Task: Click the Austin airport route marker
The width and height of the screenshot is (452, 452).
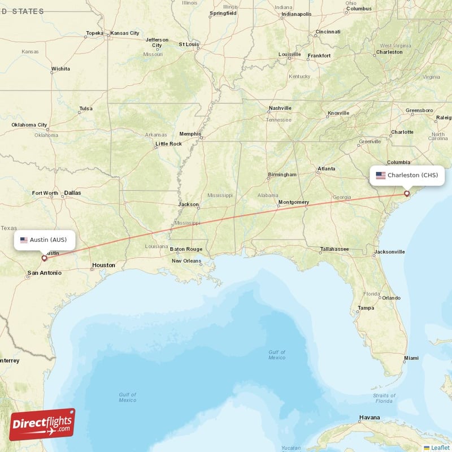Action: pyautogui.click(x=44, y=258)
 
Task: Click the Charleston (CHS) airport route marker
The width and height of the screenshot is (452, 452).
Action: pyautogui.click(x=406, y=194)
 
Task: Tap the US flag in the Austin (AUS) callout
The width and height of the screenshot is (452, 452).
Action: pyautogui.click(x=24, y=240)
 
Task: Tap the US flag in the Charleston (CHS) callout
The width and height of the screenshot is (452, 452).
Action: pyautogui.click(x=381, y=175)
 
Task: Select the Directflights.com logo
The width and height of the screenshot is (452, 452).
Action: pyautogui.click(x=42, y=424)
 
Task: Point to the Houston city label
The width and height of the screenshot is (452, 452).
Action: pyautogui.click(x=103, y=265)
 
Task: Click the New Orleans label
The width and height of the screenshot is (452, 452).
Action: pyautogui.click(x=186, y=261)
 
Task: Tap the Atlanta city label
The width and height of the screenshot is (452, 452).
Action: pyautogui.click(x=326, y=169)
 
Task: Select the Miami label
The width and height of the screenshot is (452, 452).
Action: pyautogui.click(x=411, y=358)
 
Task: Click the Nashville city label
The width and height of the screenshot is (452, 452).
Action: pyautogui.click(x=280, y=108)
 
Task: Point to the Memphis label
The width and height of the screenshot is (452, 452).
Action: pyautogui.click(x=190, y=134)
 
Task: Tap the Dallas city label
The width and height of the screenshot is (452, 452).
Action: pyautogui.click(x=72, y=193)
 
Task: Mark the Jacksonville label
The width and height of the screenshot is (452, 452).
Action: pyautogui.click(x=389, y=251)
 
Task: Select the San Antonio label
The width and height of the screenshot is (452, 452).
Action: pyautogui.click(x=44, y=273)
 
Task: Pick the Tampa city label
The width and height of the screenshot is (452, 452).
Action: pyautogui.click(x=366, y=308)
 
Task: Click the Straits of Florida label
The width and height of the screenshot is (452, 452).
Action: pyautogui.click(x=384, y=398)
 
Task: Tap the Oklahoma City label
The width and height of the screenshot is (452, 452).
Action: pyautogui.click(x=29, y=125)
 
